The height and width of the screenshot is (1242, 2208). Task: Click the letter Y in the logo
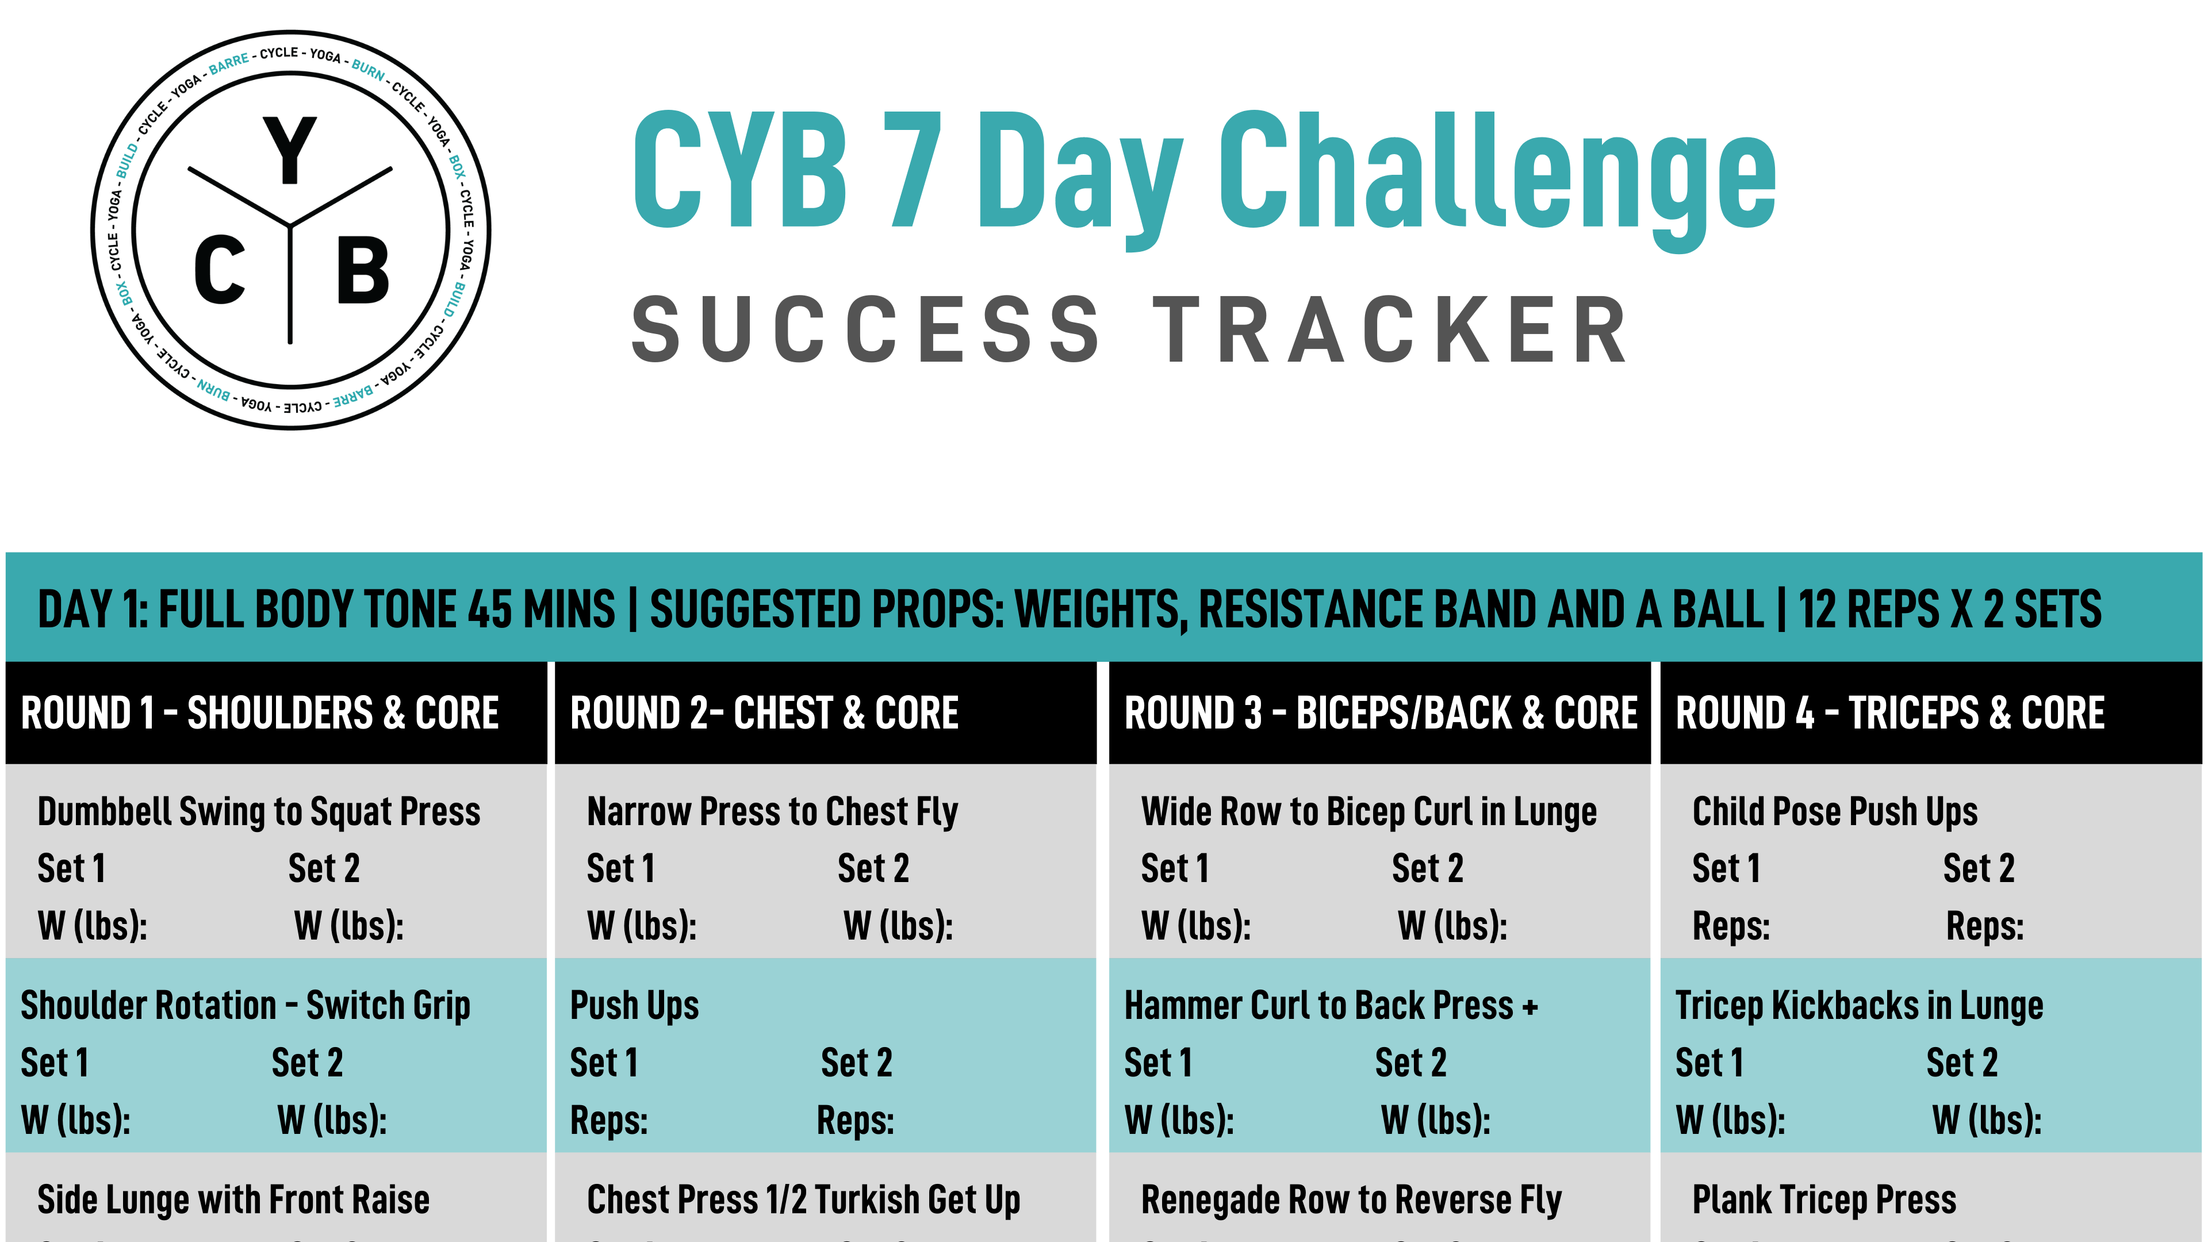point(290,151)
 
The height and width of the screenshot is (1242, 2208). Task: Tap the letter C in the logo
point(220,271)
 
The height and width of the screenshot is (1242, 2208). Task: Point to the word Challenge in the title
point(1497,176)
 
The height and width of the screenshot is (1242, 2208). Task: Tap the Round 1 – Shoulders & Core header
point(260,713)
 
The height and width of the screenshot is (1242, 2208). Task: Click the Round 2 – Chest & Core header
point(764,713)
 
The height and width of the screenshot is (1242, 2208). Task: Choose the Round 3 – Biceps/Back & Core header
point(1380,713)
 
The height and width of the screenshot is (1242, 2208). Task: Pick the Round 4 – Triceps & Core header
point(1890,713)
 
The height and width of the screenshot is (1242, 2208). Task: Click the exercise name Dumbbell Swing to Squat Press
point(259,812)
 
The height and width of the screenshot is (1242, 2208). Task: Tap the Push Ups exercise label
point(634,1006)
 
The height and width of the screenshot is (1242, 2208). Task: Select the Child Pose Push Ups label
point(1834,812)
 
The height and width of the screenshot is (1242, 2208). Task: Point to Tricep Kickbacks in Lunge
point(1859,1006)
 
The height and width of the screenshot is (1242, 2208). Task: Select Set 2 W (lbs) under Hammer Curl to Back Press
point(1436,1120)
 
